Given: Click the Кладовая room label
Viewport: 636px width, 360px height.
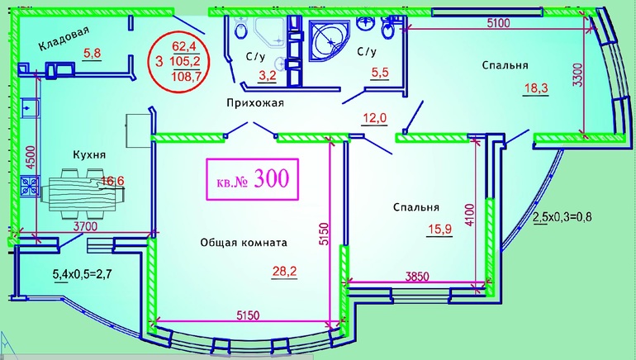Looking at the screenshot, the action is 64,39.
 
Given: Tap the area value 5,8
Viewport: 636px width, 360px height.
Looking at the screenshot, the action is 92,53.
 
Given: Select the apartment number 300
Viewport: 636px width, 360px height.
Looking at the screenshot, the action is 272,178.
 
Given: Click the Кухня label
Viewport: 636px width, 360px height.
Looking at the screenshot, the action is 89,155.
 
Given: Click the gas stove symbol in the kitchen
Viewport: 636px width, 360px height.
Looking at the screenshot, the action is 30,187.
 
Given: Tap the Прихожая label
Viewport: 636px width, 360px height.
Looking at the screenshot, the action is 255,103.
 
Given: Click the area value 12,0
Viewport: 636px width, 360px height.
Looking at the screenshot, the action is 374,118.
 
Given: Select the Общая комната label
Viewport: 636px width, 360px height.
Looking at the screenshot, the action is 244,243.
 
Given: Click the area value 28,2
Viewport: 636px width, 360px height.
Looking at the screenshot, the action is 284,271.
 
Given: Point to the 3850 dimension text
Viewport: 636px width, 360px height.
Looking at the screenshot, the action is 417,277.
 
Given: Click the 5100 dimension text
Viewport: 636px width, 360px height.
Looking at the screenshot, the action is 498,23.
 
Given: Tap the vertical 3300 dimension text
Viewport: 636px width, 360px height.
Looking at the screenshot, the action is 578,75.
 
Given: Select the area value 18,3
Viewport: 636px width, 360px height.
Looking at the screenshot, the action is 535,88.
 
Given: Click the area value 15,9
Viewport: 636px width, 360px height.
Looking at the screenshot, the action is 440,230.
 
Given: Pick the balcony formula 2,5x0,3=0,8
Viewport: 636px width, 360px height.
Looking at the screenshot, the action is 562,217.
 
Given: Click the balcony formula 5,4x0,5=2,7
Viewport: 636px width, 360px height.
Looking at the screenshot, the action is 83,274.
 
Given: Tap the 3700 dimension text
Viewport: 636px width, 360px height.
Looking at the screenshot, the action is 85,226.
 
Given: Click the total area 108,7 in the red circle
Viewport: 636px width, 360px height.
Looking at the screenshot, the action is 187,76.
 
